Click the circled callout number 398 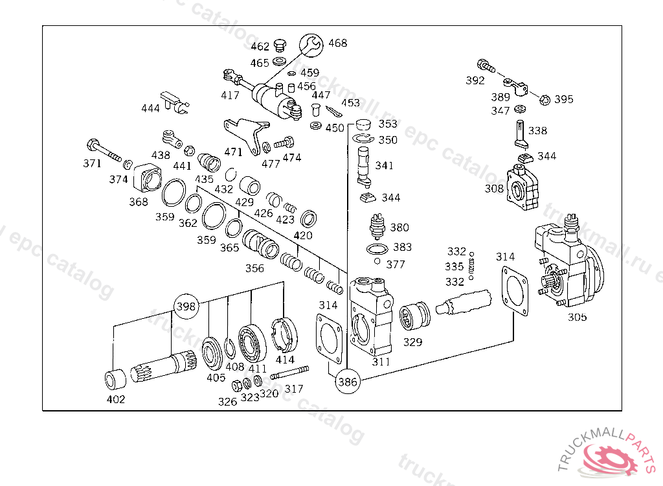pyautogui.click(x=186, y=306)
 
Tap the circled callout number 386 pyautogui.click(x=348, y=382)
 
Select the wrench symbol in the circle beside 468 pyautogui.click(x=311, y=45)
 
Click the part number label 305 pyautogui.click(x=577, y=317)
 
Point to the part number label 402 pyautogui.click(x=115, y=399)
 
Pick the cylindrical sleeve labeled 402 pyautogui.click(x=115, y=379)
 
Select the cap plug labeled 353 pyautogui.click(x=363, y=125)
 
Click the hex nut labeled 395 pyautogui.click(x=545, y=100)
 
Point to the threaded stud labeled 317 pyautogui.click(x=289, y=373)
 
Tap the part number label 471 pyautogui.click(x=233, y=152)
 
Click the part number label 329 pyautogui.click(x=412, y=342)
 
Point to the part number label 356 pyautogui.click(x=254, y=268)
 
